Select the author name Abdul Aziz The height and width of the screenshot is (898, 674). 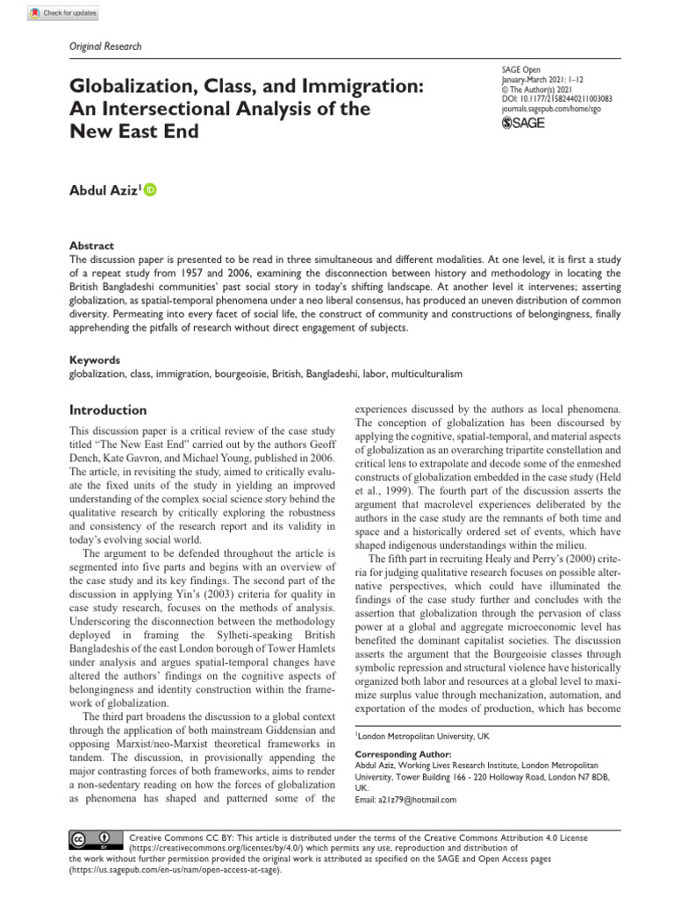pyautogui.click(x=104, y=191)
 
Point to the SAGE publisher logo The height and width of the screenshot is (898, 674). pyautogui.click(x=522, y=125)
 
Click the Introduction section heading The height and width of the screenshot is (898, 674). pyautogui.click(x=108, y=410)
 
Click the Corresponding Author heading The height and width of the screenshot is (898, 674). pyautogui.click(x=402, y=753)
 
